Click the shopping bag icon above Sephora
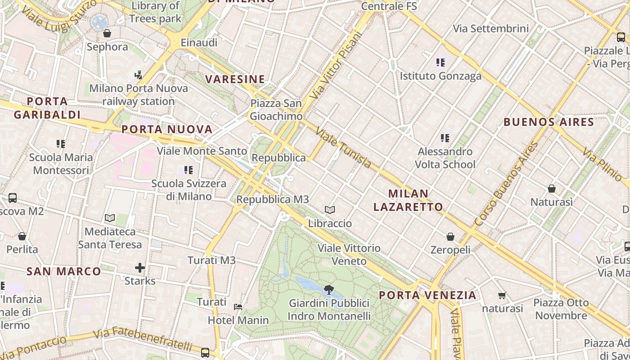click(x=107, y=33)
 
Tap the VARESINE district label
click(x=235, y=79)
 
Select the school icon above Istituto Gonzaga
click(x=440, y=63)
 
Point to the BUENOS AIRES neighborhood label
click(x=549, y=122)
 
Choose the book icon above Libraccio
click(x=330, y=210)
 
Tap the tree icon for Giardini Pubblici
click(x=329, y=289)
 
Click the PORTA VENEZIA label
click(x=427, y=295)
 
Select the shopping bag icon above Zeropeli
click(x=450, y=237)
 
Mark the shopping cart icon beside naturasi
click(x=502, y=296)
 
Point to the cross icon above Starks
click(x=140, y=268)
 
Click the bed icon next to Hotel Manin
click(x=238, y=307)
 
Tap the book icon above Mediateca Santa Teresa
click(x=110, y=218)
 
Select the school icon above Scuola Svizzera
click(x=188, y=170)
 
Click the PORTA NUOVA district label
click(x=167, y=130)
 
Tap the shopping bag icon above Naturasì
click(x=552, y=189)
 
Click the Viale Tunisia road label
click(x=344, y=148)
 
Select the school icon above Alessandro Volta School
click(x=445, y=138)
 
